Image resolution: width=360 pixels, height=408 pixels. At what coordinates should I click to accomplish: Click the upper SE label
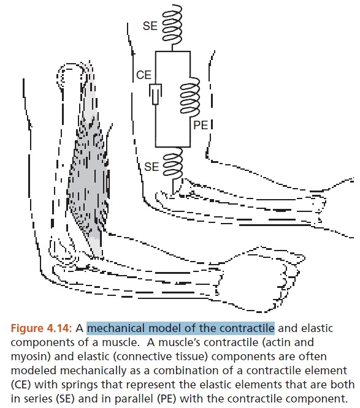tap(150, 26)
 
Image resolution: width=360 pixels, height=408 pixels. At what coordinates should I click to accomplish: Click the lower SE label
tap(151, 167)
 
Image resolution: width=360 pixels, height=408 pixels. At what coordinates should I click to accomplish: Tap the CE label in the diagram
tap(144, 75)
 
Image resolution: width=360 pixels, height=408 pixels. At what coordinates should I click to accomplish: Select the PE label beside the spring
tap(201, 125)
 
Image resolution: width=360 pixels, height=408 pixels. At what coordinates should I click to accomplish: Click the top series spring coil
tap(172, 24)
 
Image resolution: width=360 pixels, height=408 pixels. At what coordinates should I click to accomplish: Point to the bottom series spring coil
tap(172, 163)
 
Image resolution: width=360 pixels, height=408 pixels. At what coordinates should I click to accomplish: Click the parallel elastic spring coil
tap(190, 97)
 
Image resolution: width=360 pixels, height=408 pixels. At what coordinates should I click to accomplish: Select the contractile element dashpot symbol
tap(156, 94)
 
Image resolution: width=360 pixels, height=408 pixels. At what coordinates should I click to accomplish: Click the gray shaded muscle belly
tap(88, 167)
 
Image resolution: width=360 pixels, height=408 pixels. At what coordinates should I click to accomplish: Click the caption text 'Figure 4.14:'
tap(41, 328)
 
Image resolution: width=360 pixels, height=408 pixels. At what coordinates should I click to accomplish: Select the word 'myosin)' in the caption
tap(31, 357)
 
